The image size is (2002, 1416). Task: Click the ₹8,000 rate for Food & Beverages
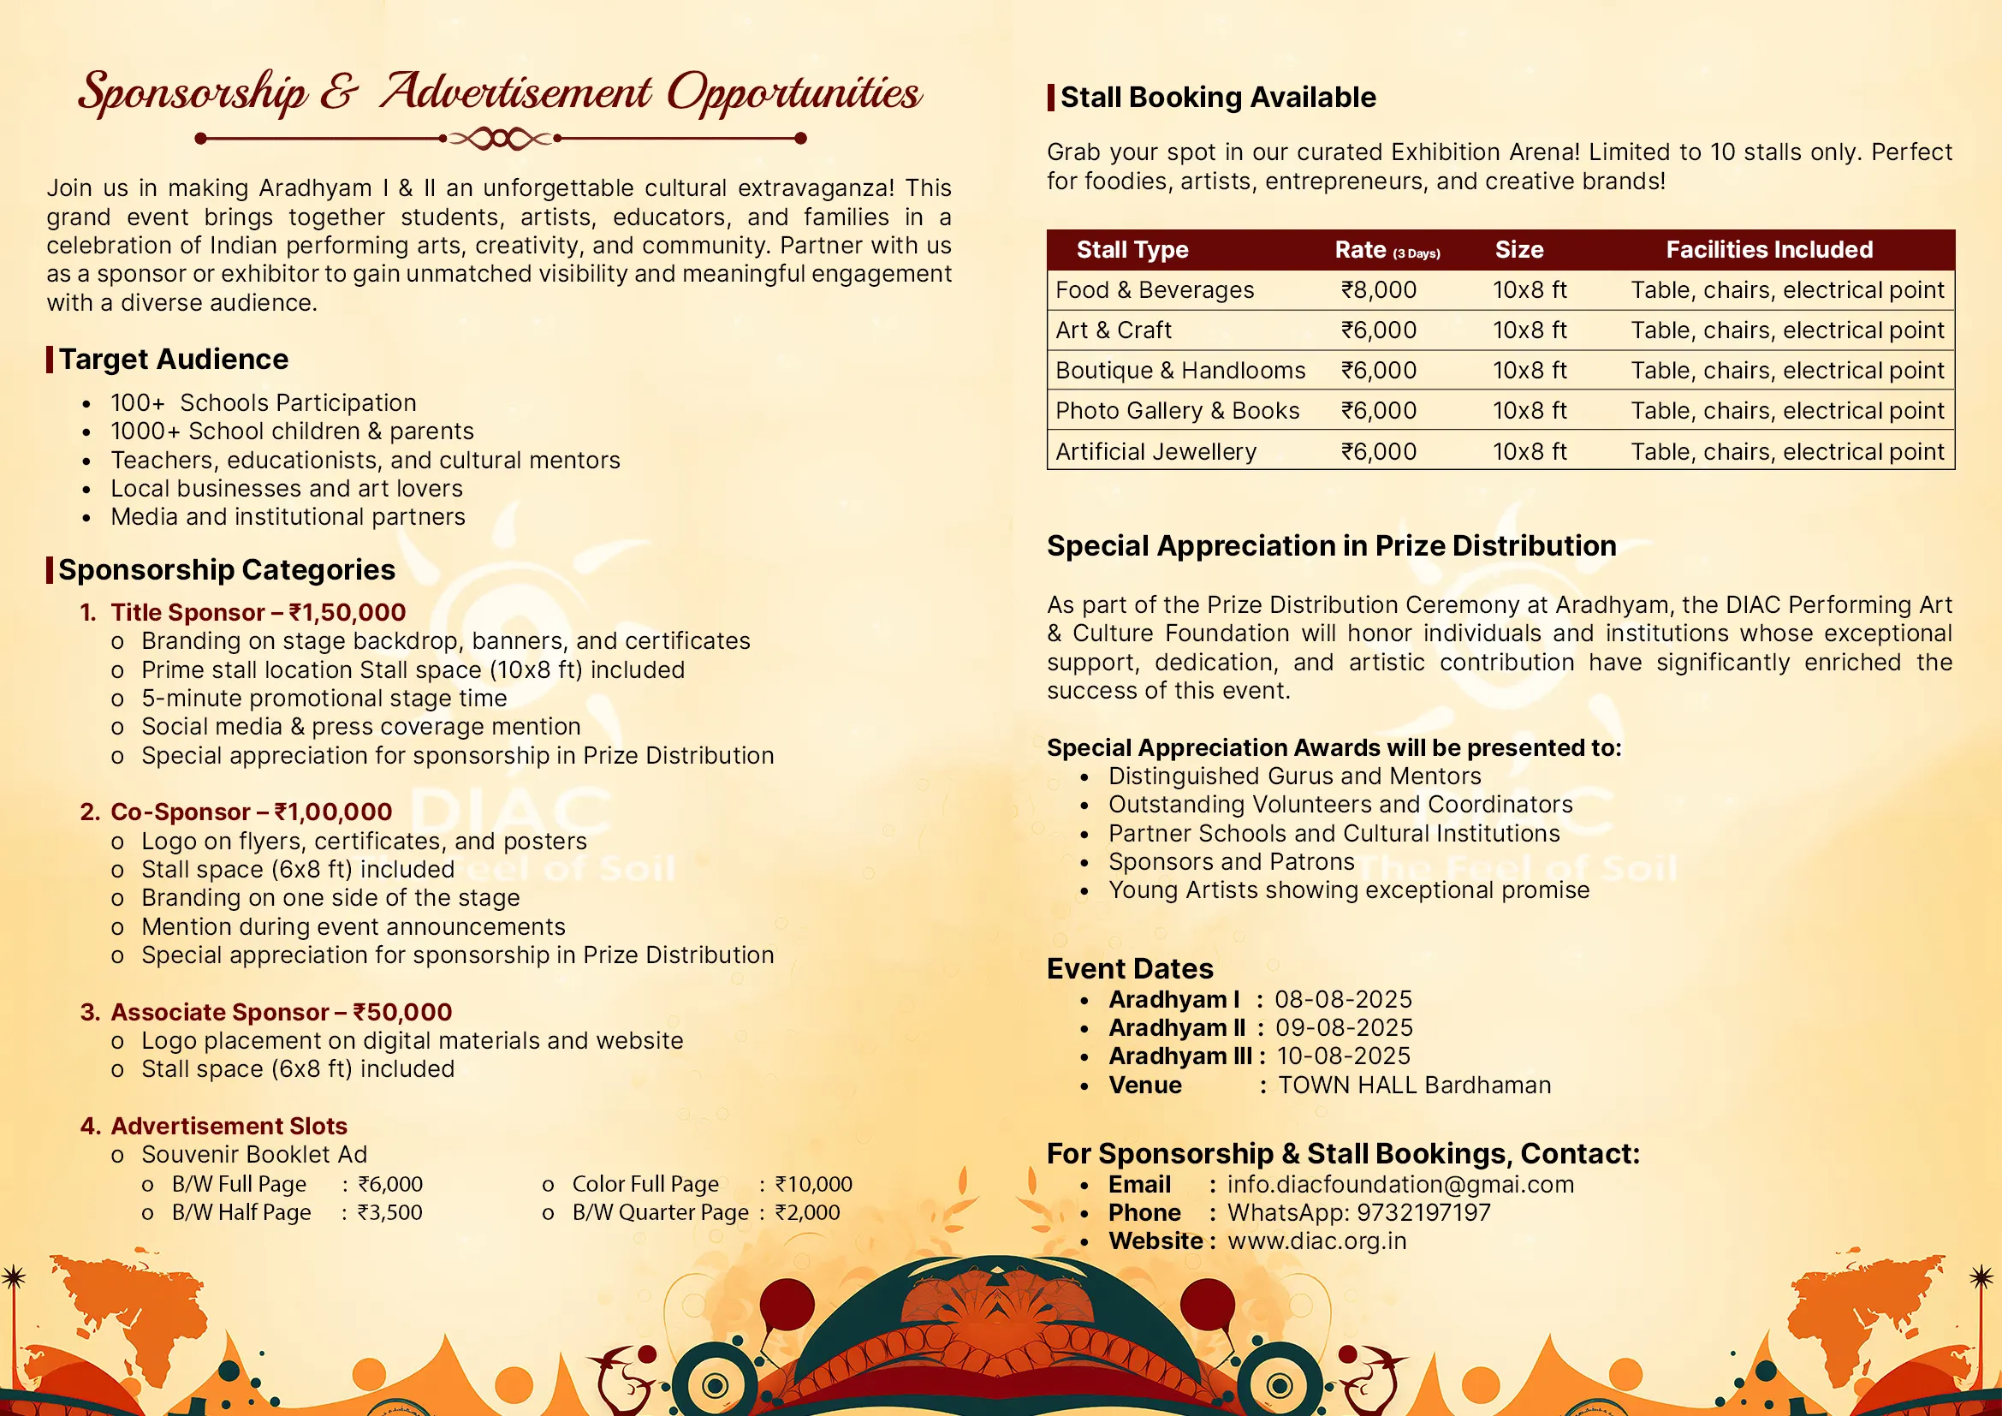[x=1379, y=290]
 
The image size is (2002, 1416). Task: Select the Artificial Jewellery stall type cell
[x=1155, y=452]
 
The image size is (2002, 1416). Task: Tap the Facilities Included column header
[x=1768, y=250]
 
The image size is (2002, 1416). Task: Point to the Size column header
[x=1519, y=250]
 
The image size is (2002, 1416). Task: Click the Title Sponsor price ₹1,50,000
[x=347, y=613]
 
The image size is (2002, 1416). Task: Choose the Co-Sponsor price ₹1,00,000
[x=333, y=812]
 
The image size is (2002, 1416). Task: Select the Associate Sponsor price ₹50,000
[x=402, y=1012]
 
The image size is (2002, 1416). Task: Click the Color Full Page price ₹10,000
[x=813, y=1184]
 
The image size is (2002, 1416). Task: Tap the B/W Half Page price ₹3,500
[x=389, y=1213]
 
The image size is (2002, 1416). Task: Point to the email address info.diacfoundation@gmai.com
[x=1400, y=1185]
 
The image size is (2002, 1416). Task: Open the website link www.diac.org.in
[x=1316, y=1241]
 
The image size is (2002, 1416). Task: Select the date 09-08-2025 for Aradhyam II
[x=1344, y=1028]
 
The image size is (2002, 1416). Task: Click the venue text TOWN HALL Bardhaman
[x=1414, y=1086]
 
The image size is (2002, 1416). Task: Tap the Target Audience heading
[x=174, y=360]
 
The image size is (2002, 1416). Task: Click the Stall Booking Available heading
[x=1217, y=98]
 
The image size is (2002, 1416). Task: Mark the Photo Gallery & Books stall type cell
[x=1177, y=411]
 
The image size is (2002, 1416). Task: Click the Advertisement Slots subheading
[x=229, y=1127]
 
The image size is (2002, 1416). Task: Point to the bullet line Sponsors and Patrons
[x=1231, y=862]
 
